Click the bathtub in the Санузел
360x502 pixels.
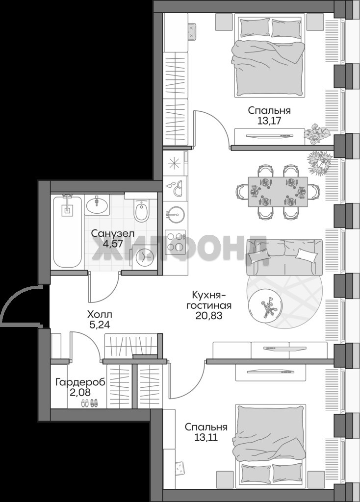point(67,232)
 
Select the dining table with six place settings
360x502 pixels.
point(278,192)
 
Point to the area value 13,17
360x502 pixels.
point(269,121)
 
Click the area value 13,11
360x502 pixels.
point(206,437)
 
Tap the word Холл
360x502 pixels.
point(100,314)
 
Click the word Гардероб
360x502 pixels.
point(80,382)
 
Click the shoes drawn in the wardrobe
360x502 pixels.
point(89,403)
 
